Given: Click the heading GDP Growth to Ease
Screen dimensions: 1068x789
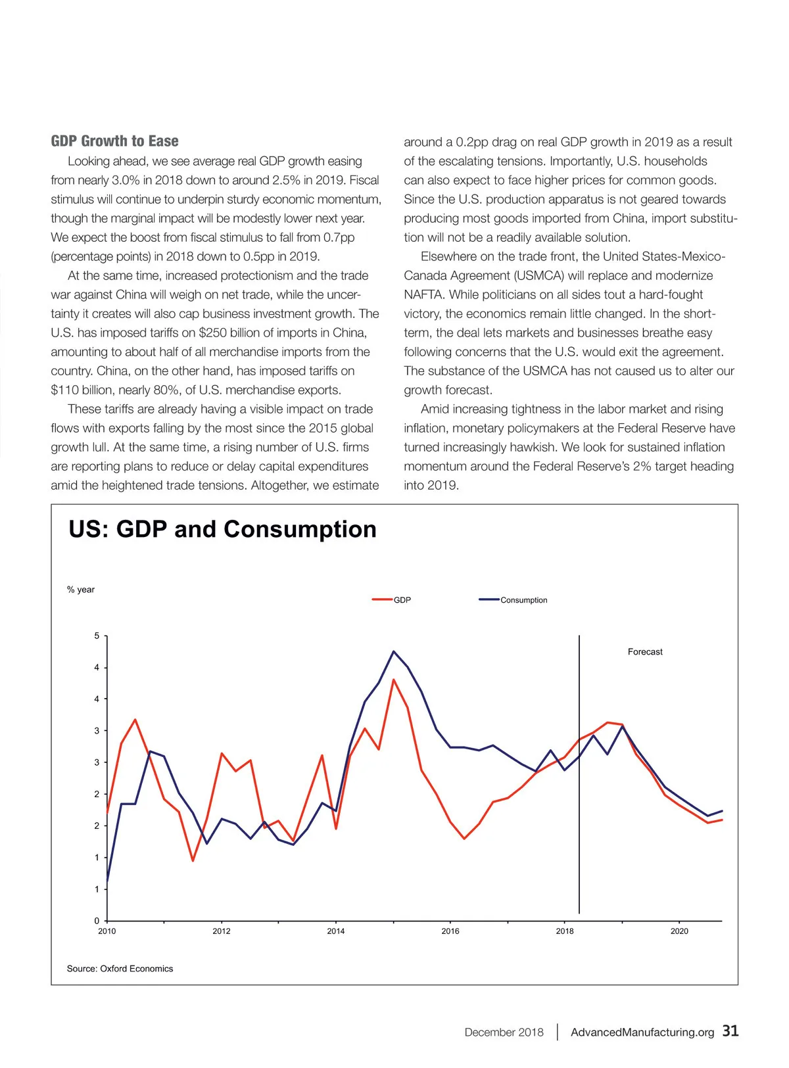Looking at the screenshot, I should (x=114, y=141).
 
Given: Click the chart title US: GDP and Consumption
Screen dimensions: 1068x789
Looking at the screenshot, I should (x=222, y=529).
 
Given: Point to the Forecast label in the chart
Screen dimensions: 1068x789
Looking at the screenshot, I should (x=645, y=652).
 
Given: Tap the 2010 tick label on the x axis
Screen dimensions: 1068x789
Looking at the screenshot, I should (x=107, y=931).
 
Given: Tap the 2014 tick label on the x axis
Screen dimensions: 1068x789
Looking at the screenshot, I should (x=336, y=931).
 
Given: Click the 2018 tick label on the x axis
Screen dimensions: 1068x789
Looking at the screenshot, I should (x=565, y=931).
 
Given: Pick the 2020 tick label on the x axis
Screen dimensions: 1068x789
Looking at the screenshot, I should (x=679, y=931).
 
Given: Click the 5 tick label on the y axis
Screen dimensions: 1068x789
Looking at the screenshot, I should (x=97, y=636).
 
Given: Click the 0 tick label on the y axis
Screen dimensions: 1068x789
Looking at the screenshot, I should (x=97, y=921).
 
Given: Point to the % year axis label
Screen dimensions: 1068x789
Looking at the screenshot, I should (x=81, y=590).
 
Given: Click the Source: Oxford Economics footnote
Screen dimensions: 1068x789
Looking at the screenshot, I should (x=120, y=969).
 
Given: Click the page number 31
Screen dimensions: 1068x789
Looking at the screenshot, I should (x=730, y=1031).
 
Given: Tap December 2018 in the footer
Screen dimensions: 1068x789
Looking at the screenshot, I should (x=504, y=1032).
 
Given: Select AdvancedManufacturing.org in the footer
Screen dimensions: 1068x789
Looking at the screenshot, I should (x=642, y=1032).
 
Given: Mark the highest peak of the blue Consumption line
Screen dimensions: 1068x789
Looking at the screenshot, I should (x=393, y=651).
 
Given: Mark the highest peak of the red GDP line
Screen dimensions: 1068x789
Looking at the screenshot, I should (x=393, y=680).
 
